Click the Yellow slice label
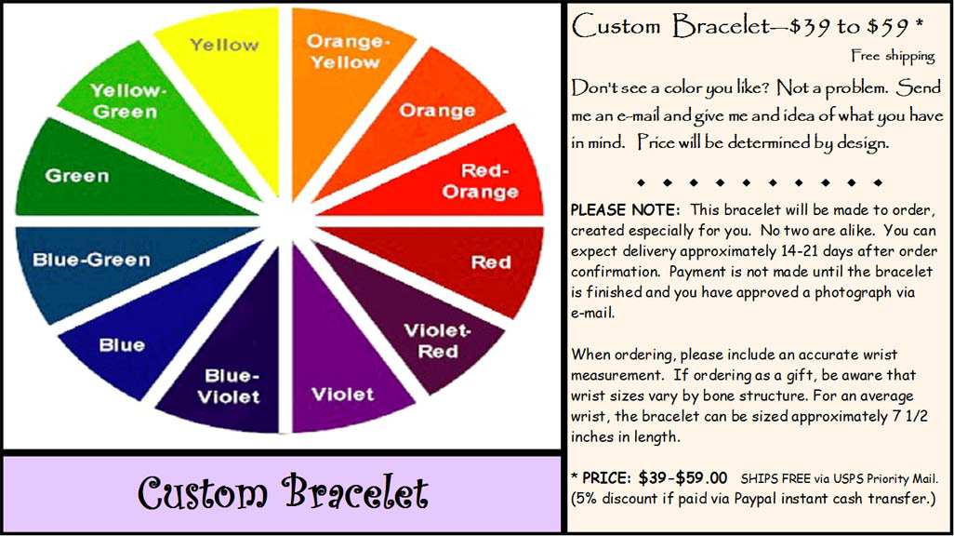[224, 45]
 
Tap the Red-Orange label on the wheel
[481, 181]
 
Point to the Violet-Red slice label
[437, 342]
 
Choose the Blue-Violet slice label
[229, 386]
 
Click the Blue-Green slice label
[91, 260]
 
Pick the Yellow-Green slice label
[127, 100]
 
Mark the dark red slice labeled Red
[462, 261]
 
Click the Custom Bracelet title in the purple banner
[283, 493]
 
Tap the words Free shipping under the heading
[894, 56]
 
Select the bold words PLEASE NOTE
[625, 210]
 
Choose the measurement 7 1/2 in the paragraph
[910, 417]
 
